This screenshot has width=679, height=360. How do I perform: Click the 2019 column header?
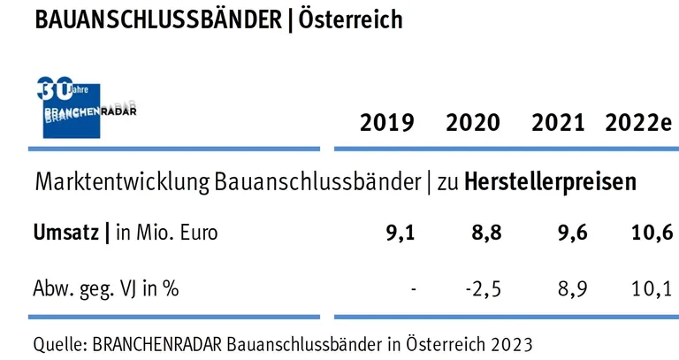click(386, 123)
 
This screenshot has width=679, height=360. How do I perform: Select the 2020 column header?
click(472, 123)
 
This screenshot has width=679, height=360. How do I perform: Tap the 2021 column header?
click(558, 123)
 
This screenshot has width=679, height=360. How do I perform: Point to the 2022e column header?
click(638, 123)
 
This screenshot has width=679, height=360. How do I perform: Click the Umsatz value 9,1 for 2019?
click(399, 234)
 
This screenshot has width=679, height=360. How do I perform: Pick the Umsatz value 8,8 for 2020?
click(484, 234)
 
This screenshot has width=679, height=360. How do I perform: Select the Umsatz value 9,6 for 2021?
click(570, 234)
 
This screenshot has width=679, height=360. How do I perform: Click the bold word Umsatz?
click(65, 234)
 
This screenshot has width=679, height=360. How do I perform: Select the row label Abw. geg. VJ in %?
click(106, 288)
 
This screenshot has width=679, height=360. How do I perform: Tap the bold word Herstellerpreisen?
click(549, 183)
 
